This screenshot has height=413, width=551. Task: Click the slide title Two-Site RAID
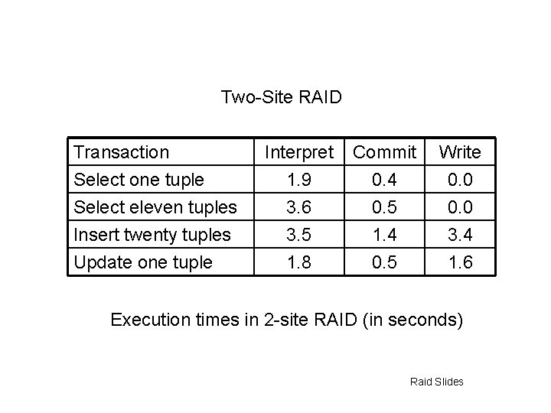(281, 97)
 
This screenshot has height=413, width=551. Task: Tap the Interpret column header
(299, 152)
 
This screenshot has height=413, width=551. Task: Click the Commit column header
(384, 152)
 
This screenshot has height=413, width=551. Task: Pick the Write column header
(460, 152)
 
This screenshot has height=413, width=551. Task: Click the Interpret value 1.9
(299, 180)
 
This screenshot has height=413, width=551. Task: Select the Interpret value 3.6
(299, 207)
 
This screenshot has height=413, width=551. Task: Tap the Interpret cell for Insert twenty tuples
(299, 235)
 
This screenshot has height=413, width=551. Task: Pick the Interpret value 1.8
(299, 262)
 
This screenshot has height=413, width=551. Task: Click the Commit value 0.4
(384, 180)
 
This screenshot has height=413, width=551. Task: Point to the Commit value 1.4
(384, 235)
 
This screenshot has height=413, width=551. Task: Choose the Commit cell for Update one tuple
(384, 262)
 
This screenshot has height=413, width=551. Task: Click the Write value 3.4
(460, 235)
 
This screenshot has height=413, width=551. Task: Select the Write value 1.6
(460, 262)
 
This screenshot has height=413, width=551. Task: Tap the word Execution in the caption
(147, 320)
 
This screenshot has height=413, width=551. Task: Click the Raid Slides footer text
(436, 381)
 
